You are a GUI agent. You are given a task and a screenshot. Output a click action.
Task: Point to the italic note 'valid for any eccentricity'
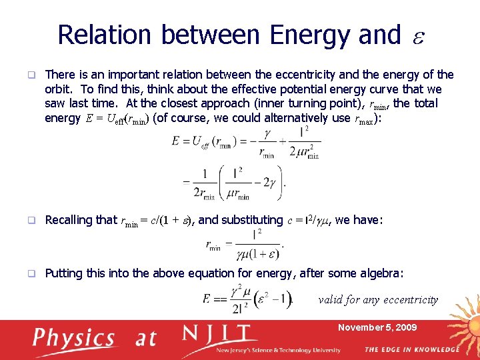pyautogui.click(x=378, y=299)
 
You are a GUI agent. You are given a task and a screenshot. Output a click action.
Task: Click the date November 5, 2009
pyautogui.click(x=377, y=327)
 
